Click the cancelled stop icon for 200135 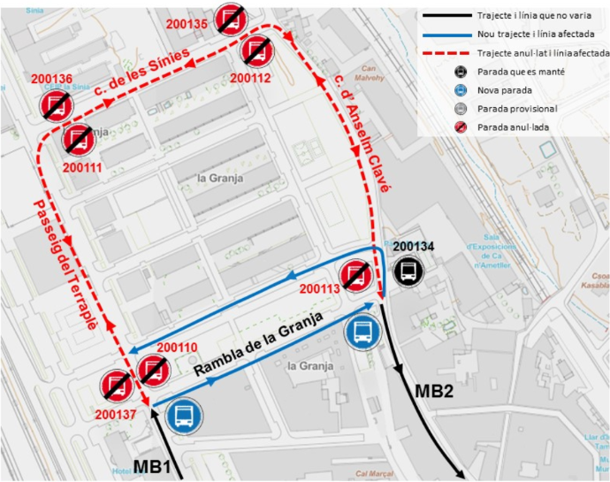[232, 18]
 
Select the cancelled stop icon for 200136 [54, 106]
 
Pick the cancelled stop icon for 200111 [78, 139]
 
